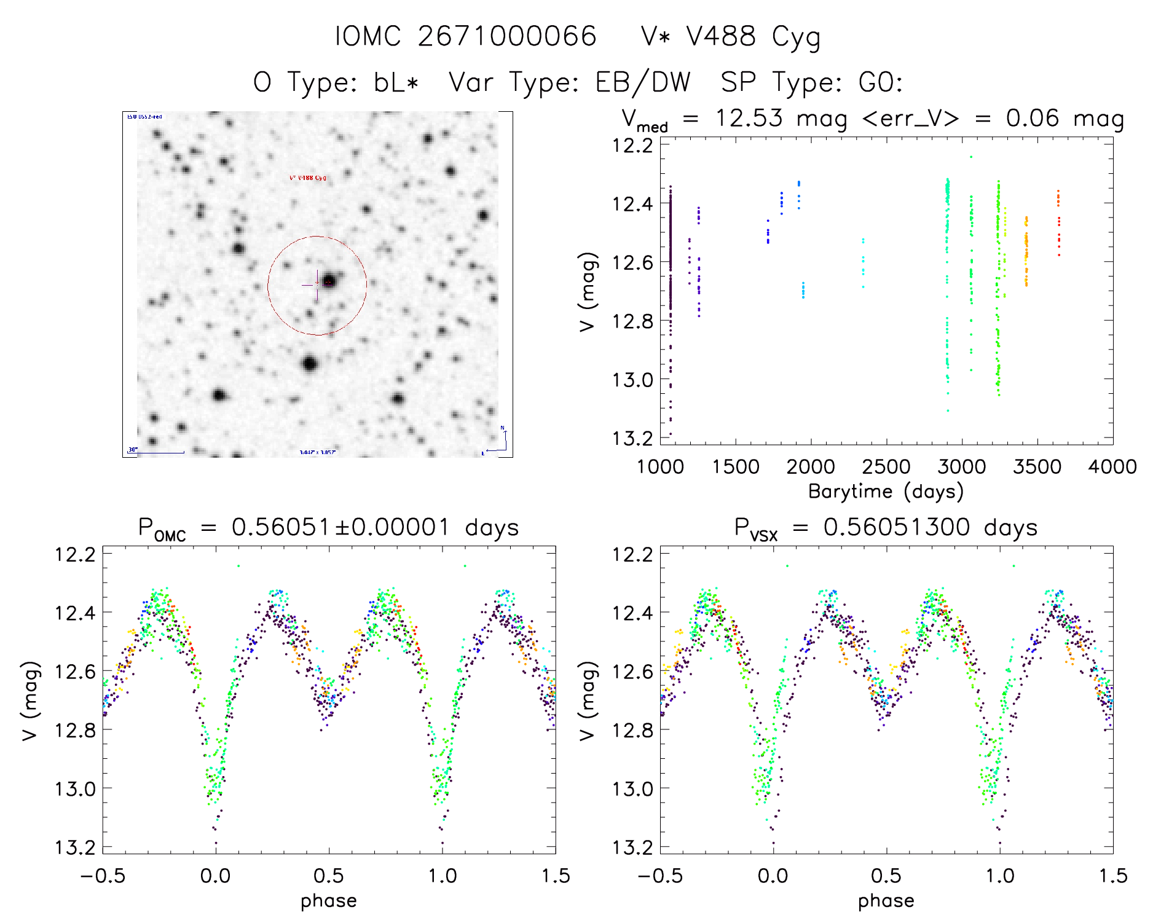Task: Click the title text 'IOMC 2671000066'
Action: click(x=465, y=36)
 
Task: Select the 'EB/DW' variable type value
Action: click(x=642, y=82)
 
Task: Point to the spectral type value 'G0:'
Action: click(x=881, y=82)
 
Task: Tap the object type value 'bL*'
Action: click(x=396, y=82)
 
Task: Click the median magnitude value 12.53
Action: click(x=749, y=118)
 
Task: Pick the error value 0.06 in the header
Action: click(x=1032, y=118)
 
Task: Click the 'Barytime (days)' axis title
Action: click(x=886, y=492)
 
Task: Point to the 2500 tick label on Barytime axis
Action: click(x=886, y=467)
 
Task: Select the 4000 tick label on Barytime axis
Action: click(x=1112, y=467)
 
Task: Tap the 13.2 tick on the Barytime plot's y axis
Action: click(x=632, y=438)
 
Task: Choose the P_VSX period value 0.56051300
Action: click(x=897, y=528)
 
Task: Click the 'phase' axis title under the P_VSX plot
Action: click(x=886, y=901)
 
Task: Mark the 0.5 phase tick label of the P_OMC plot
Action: click(x=328, y=876)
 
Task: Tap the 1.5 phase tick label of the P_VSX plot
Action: click(x=1112, y=876)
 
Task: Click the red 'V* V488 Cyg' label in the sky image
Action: click(x=308, y=178)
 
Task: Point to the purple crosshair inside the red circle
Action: click(x=317, y=285)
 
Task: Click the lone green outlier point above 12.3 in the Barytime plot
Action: click(x=971, y=157)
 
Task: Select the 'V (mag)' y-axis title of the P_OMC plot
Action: click(x=31, y=700)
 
